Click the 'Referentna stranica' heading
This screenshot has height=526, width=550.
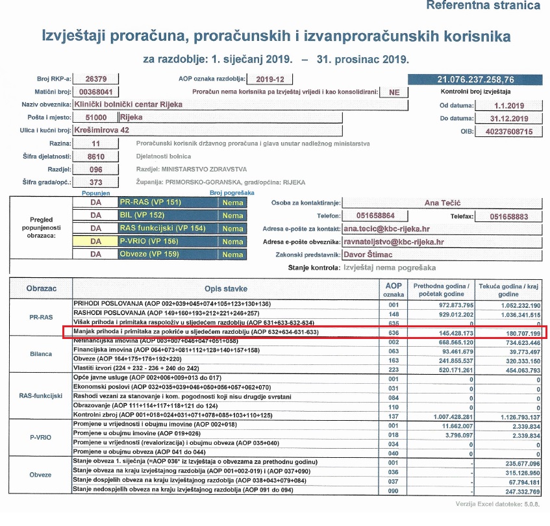point(482,5)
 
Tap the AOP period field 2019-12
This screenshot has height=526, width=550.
point(269,79)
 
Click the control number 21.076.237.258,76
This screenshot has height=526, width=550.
point(475,80)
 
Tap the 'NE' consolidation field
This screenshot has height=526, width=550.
point(394,92)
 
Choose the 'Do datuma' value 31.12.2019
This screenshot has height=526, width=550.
point(502,118)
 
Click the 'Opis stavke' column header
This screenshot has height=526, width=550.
point(225,288)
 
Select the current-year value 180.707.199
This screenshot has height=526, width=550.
point(512,332)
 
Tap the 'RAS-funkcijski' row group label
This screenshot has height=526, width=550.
point(40,395)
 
